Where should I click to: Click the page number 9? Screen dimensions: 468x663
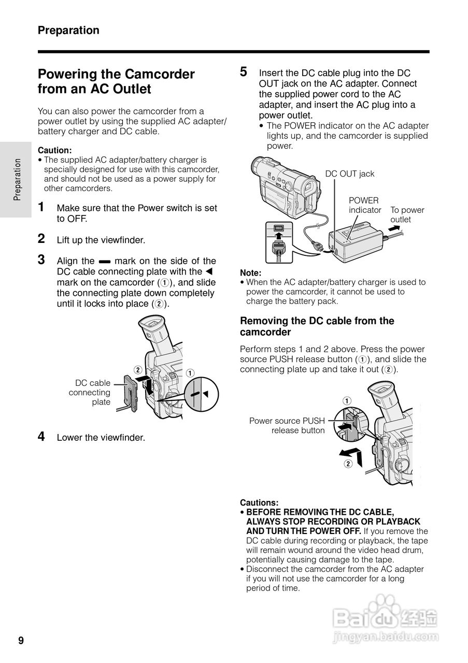[21, 641]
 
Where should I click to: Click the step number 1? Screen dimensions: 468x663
[42, 207]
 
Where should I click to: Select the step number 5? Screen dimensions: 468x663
[244, 71]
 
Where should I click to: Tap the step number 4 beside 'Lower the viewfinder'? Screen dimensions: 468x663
[42, 437]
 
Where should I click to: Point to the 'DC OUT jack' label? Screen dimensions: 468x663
[349, 174]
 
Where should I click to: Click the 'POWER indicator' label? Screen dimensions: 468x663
[364, 205]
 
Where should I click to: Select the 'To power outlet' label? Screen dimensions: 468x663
[407, 214]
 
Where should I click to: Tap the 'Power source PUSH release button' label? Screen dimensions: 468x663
[287, 425]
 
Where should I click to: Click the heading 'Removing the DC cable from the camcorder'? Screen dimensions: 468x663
[317, 326]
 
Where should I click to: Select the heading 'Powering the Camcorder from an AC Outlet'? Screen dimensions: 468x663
[116, 81]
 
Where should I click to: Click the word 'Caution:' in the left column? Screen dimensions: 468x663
[54, 150]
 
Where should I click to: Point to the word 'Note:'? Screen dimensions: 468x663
[250, 273]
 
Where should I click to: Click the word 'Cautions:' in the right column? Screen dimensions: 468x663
[259, 502]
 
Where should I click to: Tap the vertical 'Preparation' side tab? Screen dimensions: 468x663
[17, 179]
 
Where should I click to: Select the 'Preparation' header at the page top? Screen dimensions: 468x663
[68, 30]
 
